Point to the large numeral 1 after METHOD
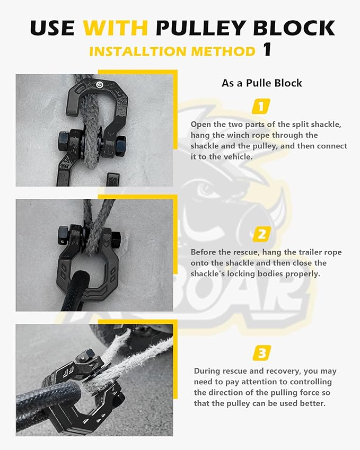[267, 50]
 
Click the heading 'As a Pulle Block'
[261, 83]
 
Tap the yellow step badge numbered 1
[261, 106]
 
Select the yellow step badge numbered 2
[261, 234]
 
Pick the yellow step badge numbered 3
[262, 352]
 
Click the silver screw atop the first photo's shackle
[99, 83]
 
